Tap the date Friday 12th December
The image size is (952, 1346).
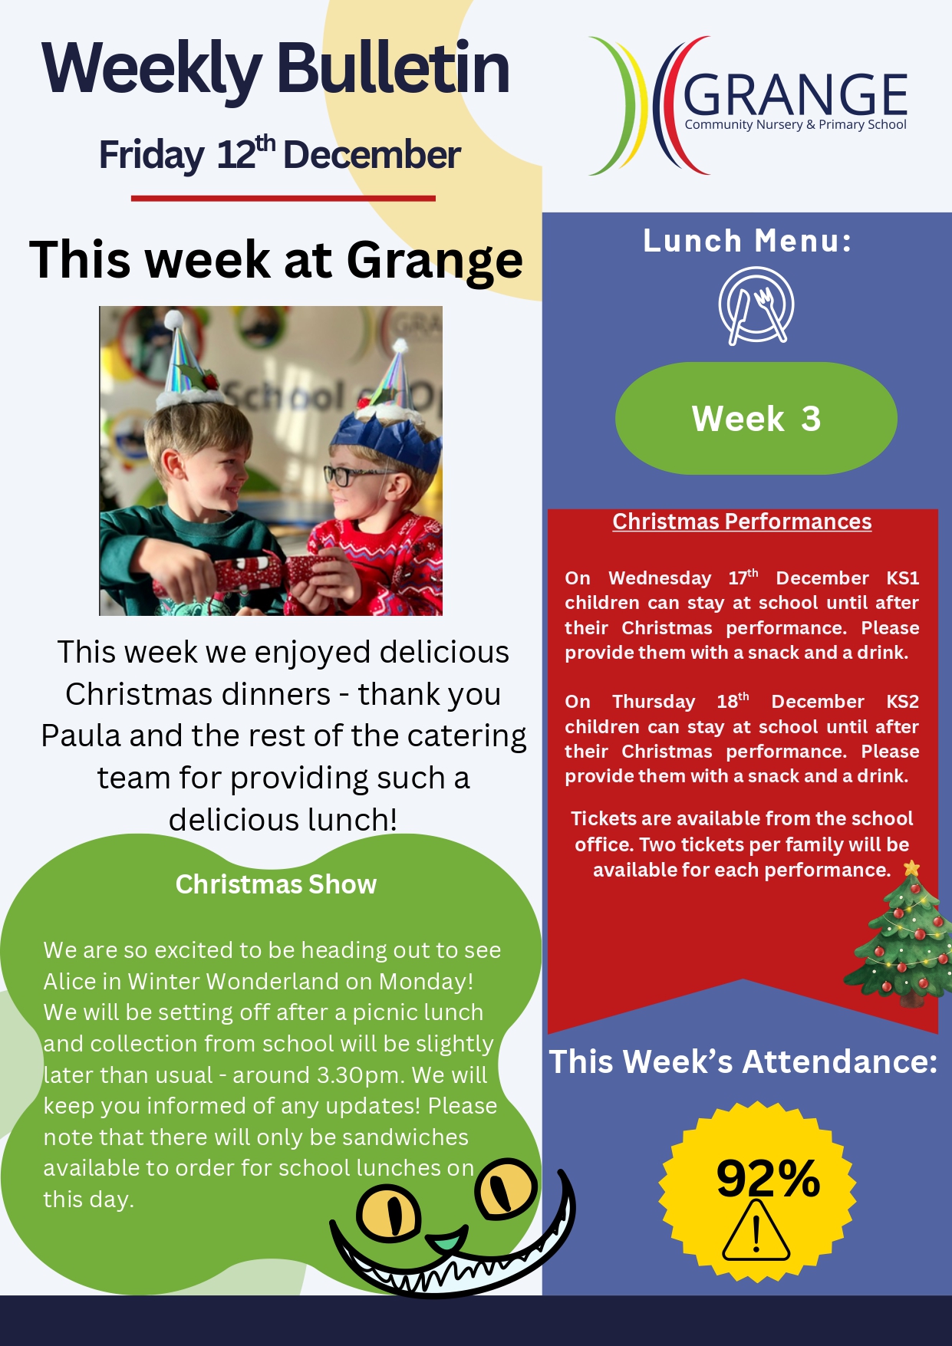[x=280, y=154]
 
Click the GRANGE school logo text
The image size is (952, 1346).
[x=795, y=96]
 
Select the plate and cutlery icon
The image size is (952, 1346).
[x=756, y=305]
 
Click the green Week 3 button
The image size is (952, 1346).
[x=756, y=419]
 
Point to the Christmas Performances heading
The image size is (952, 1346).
[x=742, y=522]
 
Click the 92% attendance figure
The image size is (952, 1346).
[x=768, y=1178]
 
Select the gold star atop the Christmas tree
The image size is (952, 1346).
[x=911, y=868]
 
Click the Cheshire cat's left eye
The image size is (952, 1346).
[x=389, y=1212]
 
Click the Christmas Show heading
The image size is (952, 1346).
[x=276, y=884]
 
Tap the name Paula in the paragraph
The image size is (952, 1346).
[x=81, y=736]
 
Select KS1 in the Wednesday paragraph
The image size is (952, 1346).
[x=902, y=578]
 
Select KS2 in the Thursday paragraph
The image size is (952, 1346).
[x=902, y=702]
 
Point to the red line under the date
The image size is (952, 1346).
[x=283, y=199]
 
